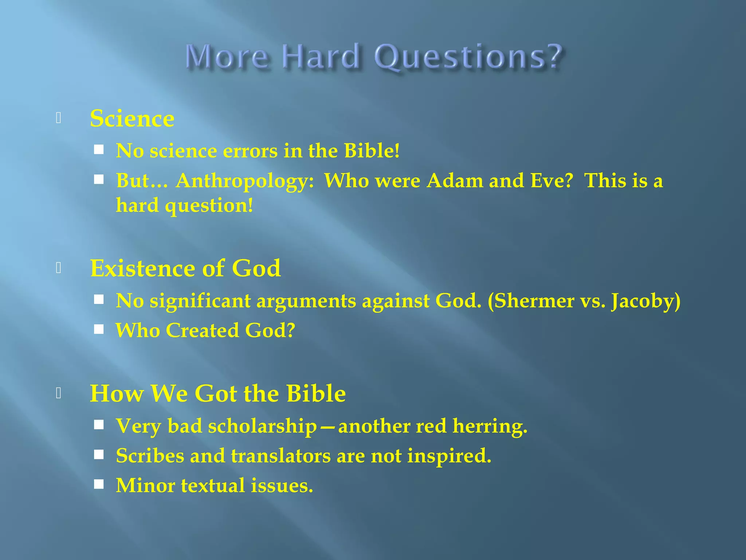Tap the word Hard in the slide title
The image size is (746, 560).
pos(321,57)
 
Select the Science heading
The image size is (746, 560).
pos(132,118)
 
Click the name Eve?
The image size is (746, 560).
pos(551,181)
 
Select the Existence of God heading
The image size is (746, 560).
pos(185,268)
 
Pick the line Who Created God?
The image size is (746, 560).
pos(205,331)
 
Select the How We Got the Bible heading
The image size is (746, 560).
pos(218,394)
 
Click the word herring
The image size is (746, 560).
pos(490,426)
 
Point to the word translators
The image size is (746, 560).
pos(280,456)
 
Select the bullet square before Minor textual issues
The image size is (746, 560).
pos(99,484)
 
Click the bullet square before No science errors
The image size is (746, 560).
pos(99,149)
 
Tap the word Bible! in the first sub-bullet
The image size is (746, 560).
pos(372,151)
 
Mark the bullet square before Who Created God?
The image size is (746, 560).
pos(99,330)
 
